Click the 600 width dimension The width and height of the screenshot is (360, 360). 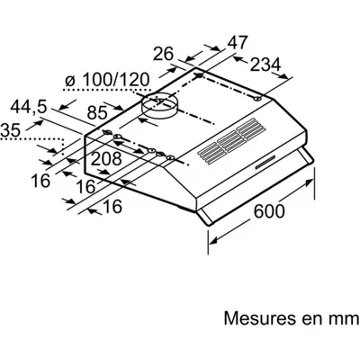pyautogui.click(x=269, y=211)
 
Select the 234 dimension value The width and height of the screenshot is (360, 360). pyautogui.click(x=265, y=65)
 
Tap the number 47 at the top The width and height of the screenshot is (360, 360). pyautogui.click(x=238, y=42)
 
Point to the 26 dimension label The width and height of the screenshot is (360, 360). pyautogui.click(x=163, y=54)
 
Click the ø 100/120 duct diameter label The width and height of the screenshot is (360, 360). pyautogui.click(x=107, y=80)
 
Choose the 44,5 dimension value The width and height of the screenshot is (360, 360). pyautogui.click(x=28, y=107)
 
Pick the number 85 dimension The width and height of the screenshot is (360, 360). pyautogui.click(x=97, y=113)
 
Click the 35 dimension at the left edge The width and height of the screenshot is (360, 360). pyautogui.click(x=10, y=130)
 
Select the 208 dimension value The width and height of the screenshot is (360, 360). pyautogui.click(x=106, y=159)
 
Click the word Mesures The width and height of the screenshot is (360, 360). pyautogui.click(x=260, y=318)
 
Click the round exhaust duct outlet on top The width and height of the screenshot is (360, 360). pyautogui.click(x=159, y=106)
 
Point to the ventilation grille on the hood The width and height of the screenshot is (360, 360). pyautogui.click(x=231, y=141)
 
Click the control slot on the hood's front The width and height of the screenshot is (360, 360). pyautogui.click(x=266, y=162)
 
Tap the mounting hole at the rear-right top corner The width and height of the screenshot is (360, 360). pyautogui.click(x=257, y=99)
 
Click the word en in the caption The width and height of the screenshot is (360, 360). pyautogui.click(x=312, y=320)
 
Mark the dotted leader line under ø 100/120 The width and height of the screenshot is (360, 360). pyautogui.click(x=107, y=90)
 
